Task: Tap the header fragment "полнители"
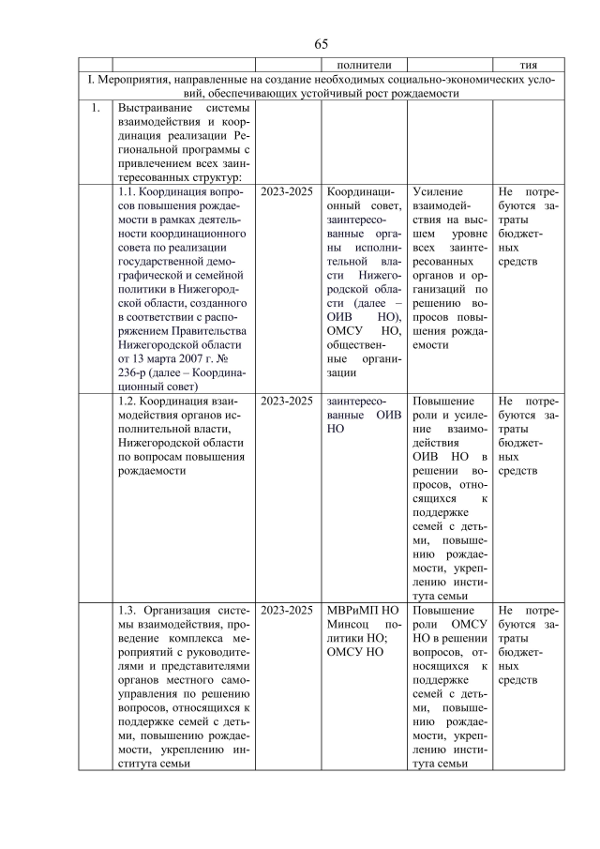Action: click(352, 66)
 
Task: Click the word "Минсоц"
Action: click(347, 626)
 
